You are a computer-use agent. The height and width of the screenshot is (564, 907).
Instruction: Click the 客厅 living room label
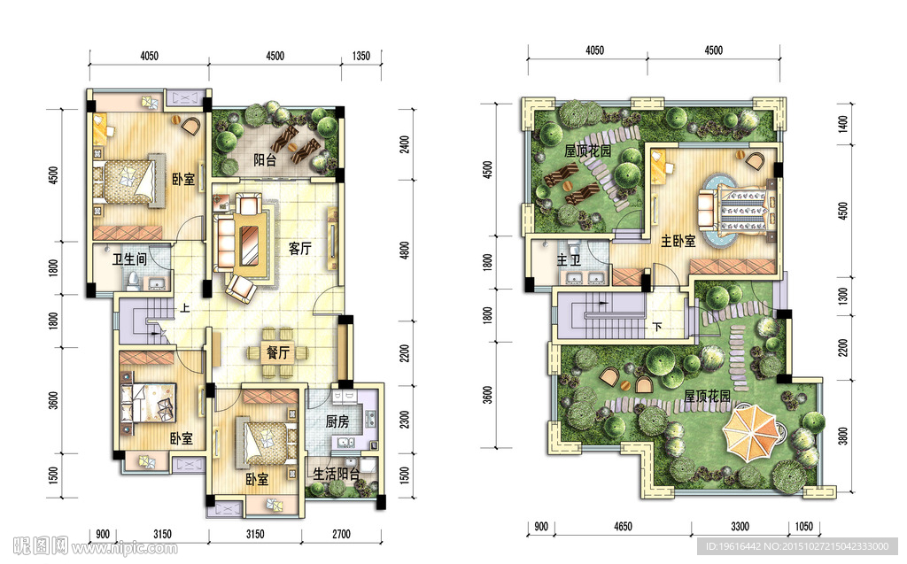[x=299, y=249]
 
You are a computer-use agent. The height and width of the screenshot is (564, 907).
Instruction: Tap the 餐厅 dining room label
[x=277, y=352]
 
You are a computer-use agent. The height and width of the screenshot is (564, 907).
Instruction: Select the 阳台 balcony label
[x=265, y=159]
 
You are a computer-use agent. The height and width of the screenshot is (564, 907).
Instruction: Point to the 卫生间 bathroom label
[x=129, y=259]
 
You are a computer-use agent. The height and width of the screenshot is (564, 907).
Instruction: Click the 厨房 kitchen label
[x=337, y=421]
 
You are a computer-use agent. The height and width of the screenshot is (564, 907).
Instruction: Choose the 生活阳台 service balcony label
[x=336, y=475]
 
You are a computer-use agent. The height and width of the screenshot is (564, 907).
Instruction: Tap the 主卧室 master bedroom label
[x=678, y=241]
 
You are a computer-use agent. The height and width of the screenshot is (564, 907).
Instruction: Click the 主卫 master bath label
[x=569, y=260]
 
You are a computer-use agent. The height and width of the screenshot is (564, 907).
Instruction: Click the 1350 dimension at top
[x=361, y=56]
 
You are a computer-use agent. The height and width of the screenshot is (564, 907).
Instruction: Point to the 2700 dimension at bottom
[x=341, y=534]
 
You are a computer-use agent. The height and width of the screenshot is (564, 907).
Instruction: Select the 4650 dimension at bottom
[x=623, y=527]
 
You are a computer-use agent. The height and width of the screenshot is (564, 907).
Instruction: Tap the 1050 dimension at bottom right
[x=803, y=527]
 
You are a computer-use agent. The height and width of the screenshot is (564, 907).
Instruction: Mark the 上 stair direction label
[x=184, y=308]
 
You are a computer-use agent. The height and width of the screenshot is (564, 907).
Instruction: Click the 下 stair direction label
[x=657, y=327]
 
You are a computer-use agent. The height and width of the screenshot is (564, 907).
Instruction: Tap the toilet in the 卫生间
[x=134, y=281]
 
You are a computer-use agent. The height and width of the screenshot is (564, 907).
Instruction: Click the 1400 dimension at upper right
[x=843, y=123]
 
